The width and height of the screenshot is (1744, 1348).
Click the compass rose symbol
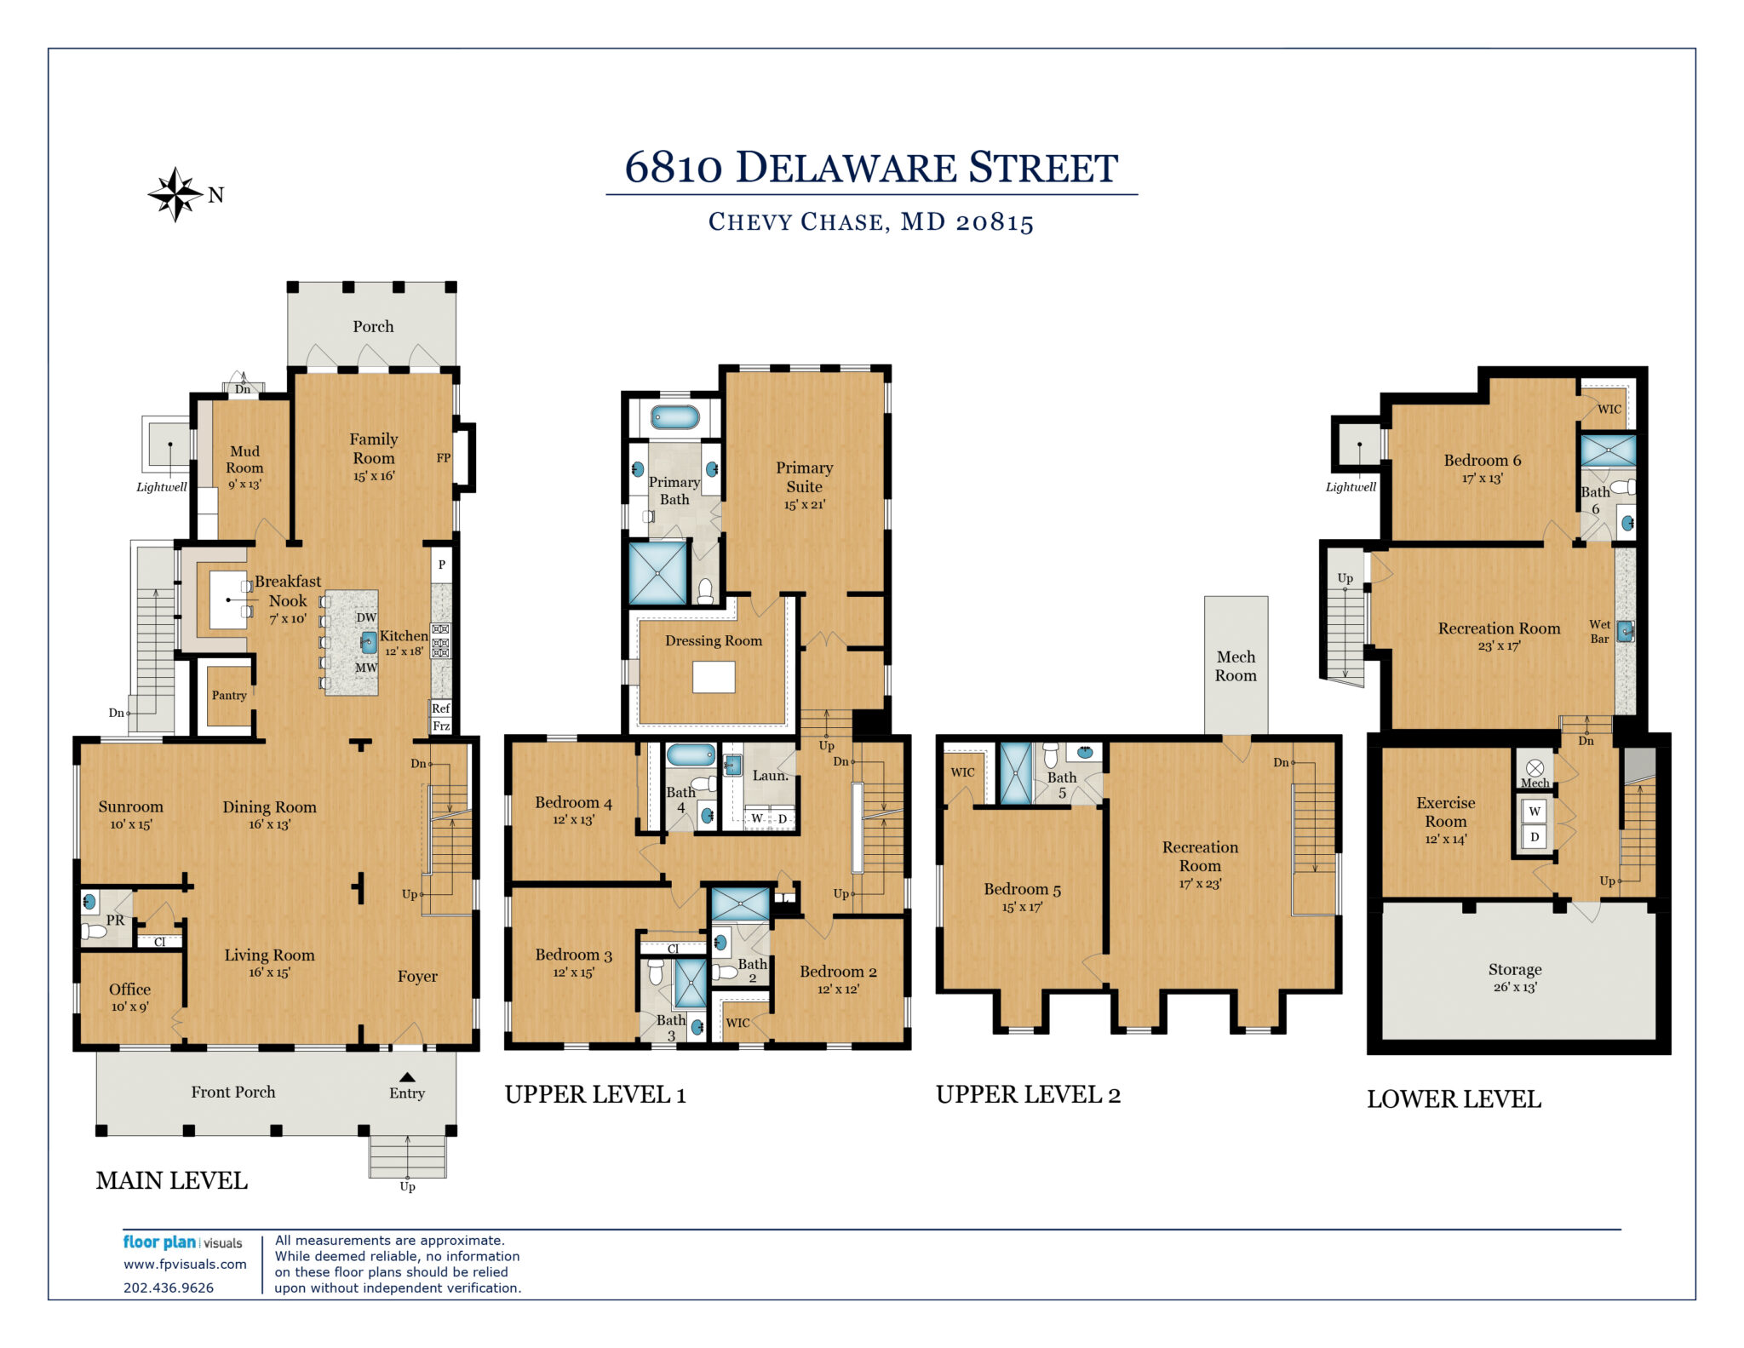175,195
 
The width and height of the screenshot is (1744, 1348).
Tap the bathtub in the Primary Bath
674,417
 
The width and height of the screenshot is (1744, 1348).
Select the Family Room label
374,449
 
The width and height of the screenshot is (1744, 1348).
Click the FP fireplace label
444,458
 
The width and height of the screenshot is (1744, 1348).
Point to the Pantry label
229,696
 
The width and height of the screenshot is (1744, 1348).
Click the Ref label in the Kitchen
440,708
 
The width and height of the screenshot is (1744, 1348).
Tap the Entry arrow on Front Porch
408,1077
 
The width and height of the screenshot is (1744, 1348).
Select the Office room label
129,989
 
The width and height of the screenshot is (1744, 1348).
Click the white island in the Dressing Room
714,677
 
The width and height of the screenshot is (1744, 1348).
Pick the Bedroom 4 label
573,803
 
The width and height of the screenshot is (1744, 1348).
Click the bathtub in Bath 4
691,754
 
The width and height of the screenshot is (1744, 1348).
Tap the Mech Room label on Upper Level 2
1236,666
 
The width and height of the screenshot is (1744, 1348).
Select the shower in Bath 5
1015,774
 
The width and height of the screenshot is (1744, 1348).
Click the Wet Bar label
1600,632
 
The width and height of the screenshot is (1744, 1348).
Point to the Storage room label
1515,969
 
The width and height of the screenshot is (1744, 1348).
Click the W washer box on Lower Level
1535,811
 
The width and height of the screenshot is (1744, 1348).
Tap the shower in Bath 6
1608,450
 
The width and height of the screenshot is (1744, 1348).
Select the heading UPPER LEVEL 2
1028,1095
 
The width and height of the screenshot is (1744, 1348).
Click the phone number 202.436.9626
169,1288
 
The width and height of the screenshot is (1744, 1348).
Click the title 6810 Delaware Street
871,167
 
